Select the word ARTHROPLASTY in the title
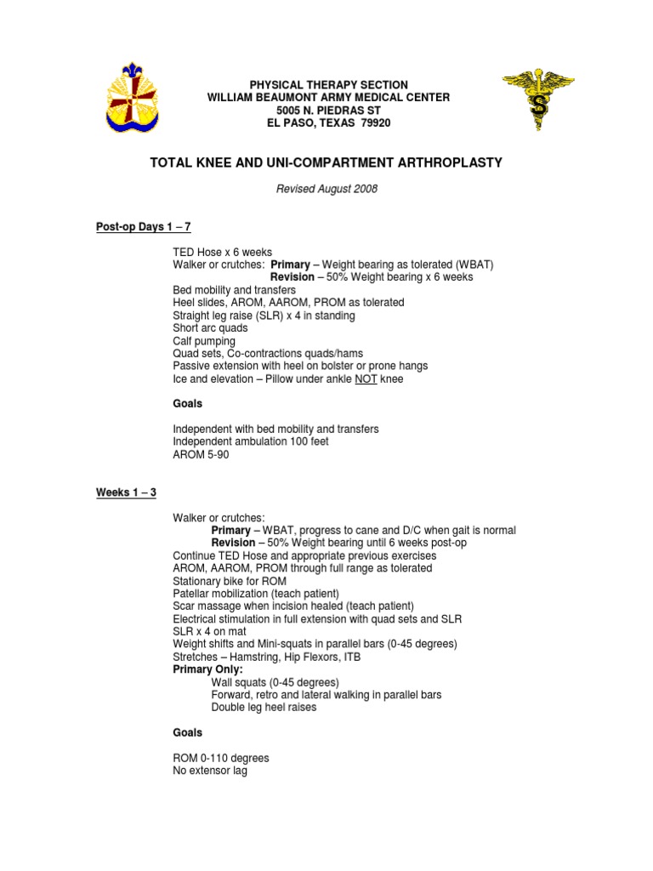446,162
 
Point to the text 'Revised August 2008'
327,189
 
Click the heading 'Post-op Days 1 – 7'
143,227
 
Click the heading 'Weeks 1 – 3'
126,492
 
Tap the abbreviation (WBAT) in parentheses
471,265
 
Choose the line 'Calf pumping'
204,341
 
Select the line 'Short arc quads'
210,328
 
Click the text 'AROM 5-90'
201,454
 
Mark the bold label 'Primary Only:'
207,669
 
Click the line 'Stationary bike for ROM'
231,581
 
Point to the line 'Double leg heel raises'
264,707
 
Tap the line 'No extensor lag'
210,771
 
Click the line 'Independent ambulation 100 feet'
251,441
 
